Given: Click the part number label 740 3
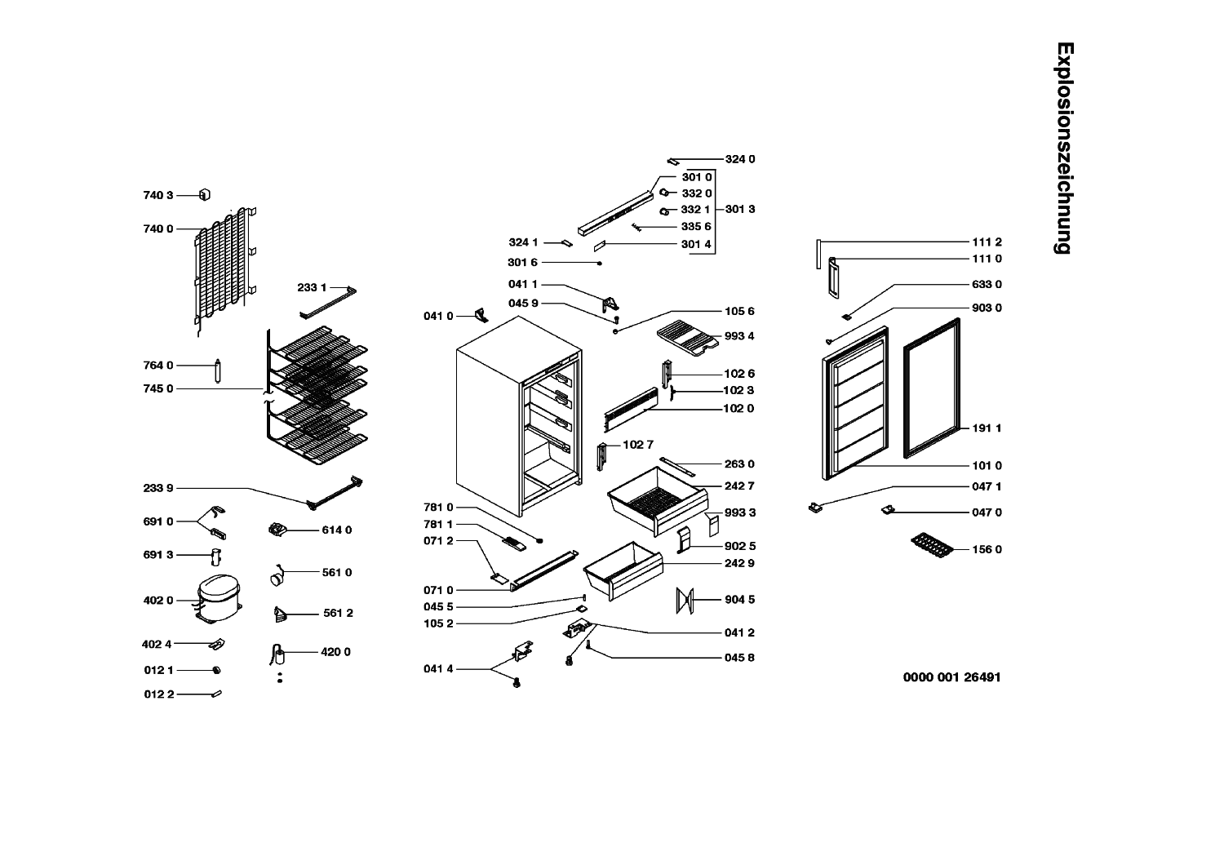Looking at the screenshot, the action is tap(158, 195).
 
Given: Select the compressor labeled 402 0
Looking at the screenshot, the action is tap(219, 598).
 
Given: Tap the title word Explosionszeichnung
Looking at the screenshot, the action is tap(1065, 148).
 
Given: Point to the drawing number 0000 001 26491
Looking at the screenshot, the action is tap(952, 677).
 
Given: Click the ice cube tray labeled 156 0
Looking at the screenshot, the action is tap(932, 546).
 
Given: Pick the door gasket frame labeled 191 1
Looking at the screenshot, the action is tap(932, 388).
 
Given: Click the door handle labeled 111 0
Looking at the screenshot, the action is tap(833, 278).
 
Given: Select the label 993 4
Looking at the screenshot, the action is tap(739, 336).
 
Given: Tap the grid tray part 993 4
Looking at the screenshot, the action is tap(688, 338).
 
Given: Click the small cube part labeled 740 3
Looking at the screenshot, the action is tap(204, 194).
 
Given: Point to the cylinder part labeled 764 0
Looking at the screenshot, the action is tap(218, 371).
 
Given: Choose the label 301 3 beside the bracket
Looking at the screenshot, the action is tap(740, 209).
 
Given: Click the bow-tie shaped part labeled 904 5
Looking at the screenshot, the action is tap(685, 601).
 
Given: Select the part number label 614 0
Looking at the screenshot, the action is tap(336, 530).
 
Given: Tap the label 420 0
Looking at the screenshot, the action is tap(335, 652).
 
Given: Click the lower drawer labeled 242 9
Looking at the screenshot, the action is tap(623, 571).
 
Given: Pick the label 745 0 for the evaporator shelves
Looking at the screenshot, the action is tap(158, 388).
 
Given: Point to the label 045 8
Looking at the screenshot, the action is tap(739, 658).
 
